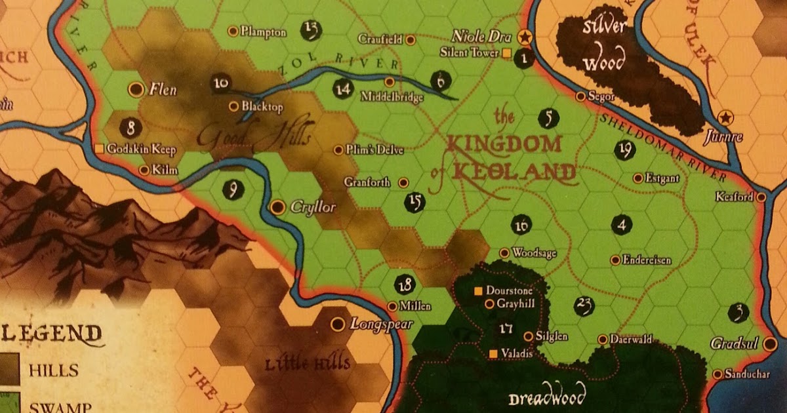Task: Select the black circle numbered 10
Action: (x=221, y=83)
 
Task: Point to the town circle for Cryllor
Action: (x=277, y=207)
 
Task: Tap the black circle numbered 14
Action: (x=342, y=88)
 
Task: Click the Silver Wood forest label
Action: (x=603, y=46)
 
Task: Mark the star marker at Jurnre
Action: (x=725, y=117)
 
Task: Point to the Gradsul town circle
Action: (x=770, y=344)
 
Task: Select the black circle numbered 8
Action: (x=132, y=127)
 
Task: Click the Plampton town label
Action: (x=264, y=31)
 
